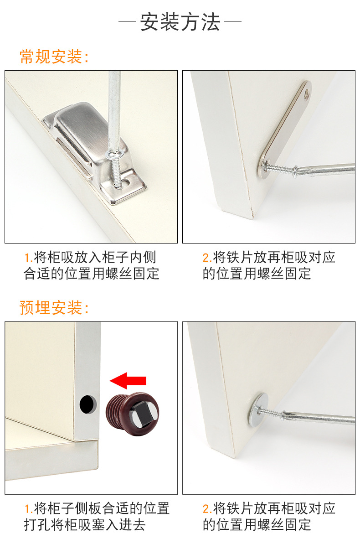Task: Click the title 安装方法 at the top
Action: (180, 22)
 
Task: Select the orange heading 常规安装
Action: (51, 57)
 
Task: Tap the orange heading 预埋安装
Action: (51, 308)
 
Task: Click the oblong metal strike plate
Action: (285, 130)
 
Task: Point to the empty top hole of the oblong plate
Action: (306, 95)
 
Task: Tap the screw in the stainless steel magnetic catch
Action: (115, 169)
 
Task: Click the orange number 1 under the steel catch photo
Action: (27, 258)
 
